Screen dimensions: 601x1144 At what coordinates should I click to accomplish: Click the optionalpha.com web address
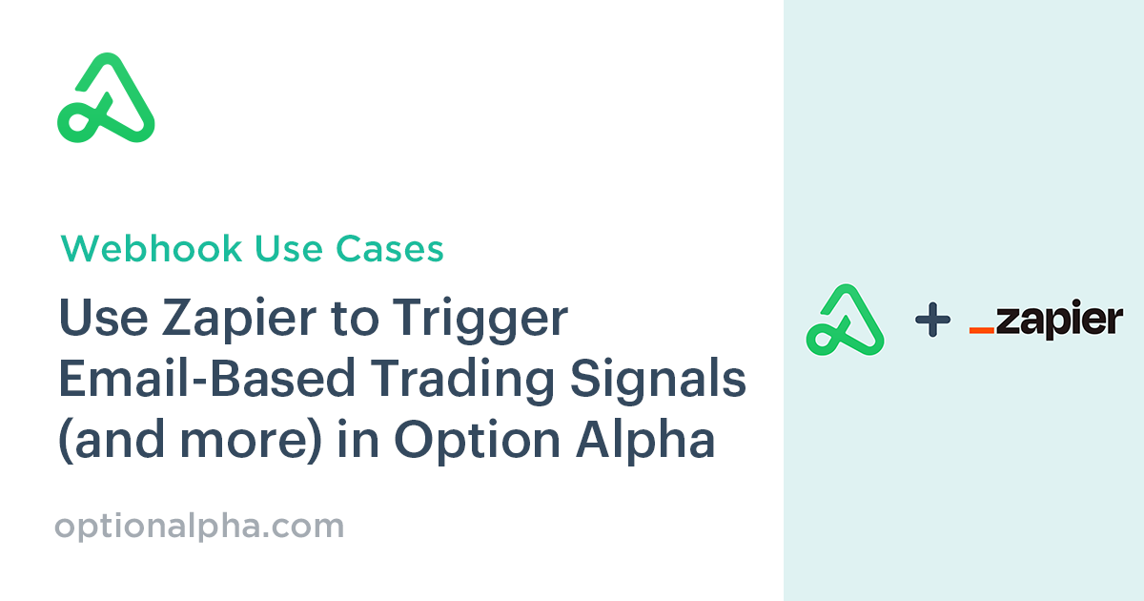pyautogui.click(x=199, y=527)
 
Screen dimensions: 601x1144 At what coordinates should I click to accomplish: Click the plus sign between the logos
pyautogui.click(x=932, y=321)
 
